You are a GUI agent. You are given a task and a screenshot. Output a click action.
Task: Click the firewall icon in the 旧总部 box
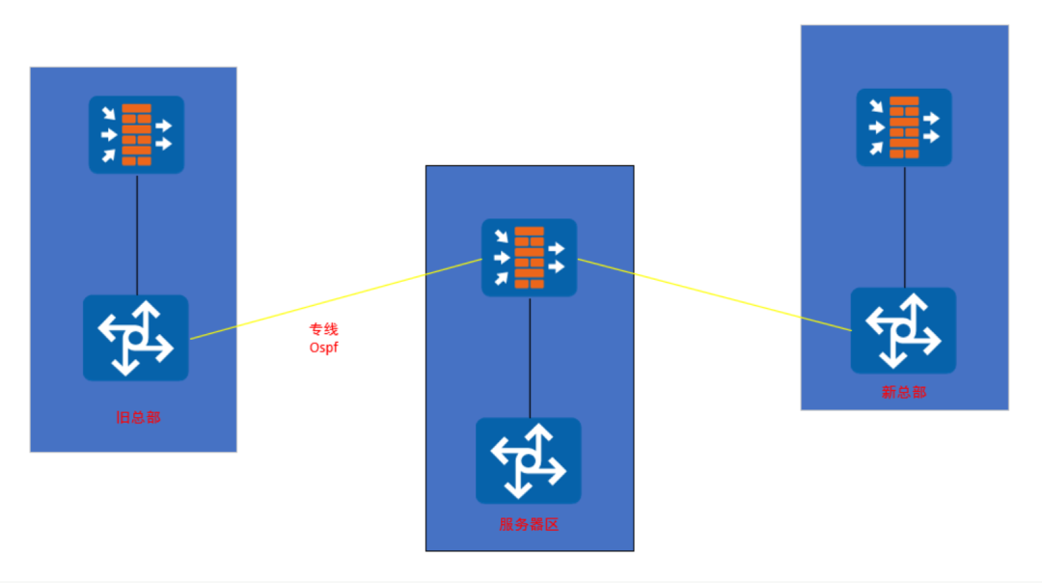136,135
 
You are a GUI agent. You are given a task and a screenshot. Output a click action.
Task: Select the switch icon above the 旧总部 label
136,338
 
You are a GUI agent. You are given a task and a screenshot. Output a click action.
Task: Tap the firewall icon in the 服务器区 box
529,258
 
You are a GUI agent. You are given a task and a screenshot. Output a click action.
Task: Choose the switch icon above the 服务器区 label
529,460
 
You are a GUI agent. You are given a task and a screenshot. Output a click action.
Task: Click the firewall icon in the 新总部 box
904,127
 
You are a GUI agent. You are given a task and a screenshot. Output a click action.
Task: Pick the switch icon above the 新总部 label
903,330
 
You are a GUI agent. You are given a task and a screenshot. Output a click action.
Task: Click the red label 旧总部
138,417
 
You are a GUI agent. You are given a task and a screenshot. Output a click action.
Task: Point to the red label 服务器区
529,524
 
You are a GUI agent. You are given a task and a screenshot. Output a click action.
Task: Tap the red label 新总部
904,392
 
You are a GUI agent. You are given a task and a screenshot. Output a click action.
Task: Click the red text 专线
323,329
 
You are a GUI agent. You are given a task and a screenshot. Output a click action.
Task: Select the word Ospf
323,347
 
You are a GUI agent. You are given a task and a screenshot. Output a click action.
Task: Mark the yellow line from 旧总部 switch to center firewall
336,299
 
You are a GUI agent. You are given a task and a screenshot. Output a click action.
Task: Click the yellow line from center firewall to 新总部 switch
714,294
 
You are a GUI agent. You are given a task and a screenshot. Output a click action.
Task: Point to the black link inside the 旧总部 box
137,235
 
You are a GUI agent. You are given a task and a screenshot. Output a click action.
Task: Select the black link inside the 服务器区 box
530,357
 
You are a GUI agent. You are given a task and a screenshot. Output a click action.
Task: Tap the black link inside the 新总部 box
904,228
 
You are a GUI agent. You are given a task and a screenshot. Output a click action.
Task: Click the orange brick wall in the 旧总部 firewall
136,135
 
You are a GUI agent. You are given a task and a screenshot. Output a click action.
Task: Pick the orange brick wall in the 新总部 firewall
904,127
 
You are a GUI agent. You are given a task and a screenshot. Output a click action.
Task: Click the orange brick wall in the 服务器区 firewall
529,258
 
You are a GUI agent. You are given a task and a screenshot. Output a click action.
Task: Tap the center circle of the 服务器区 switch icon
529,460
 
